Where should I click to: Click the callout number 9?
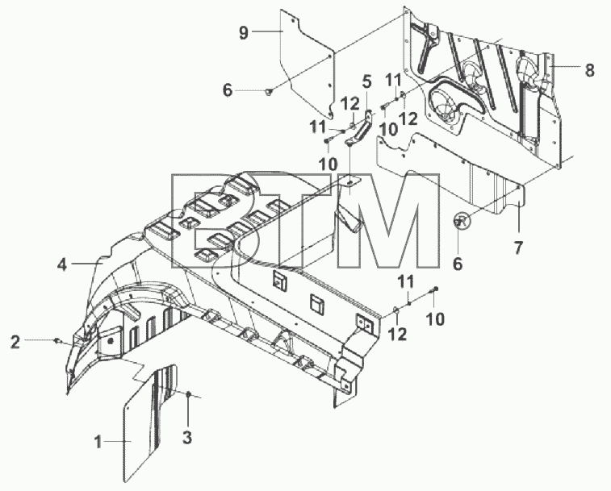[243, 32]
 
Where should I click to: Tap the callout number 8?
[589, 70]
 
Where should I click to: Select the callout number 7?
[518, 248]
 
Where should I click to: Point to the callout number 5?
[366, 81]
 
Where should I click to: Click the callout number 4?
[62, 265]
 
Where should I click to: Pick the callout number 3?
[187, 438]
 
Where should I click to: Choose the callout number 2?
[15, 343]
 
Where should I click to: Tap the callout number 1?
[98, 442]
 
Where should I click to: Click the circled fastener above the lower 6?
[462, 221]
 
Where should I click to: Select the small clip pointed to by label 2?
[58, 341]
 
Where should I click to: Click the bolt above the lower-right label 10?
[434, 289]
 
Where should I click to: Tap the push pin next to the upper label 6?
[269, 91]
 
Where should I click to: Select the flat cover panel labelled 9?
[308, 64]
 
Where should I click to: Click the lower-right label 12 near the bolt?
[398, 334]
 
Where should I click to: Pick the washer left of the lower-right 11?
[395, 310]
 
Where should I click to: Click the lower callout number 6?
[458, 264]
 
